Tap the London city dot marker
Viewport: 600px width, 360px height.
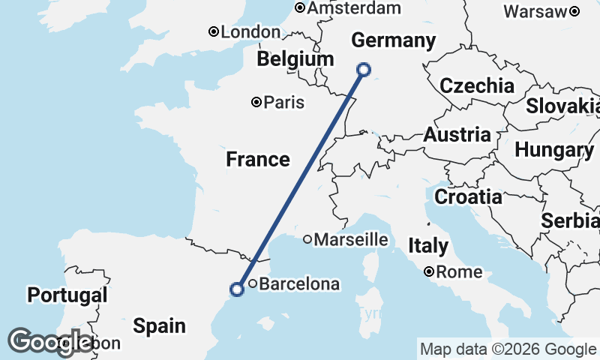(x=214, y=31)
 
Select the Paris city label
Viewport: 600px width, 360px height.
(x=283, y=102)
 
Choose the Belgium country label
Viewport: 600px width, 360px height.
(x=295, y=58)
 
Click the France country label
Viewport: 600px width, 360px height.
(x=258, y=159)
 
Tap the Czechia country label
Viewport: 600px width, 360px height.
(x=477, y=85)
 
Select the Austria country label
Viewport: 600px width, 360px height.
(x=457, y=136)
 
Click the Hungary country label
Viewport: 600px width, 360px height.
(x=554, y=150)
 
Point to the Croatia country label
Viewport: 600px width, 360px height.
(x=469, y=197)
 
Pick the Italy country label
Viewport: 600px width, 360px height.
(x=428, y=245)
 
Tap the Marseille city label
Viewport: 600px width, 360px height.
(x=350, y=240)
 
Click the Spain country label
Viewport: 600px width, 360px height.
(x=160, y=325)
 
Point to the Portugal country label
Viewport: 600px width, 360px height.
(x=67, y=295)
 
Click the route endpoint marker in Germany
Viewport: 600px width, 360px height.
(x=364, y=70)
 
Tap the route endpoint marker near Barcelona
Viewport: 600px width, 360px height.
(x=237, y=289)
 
